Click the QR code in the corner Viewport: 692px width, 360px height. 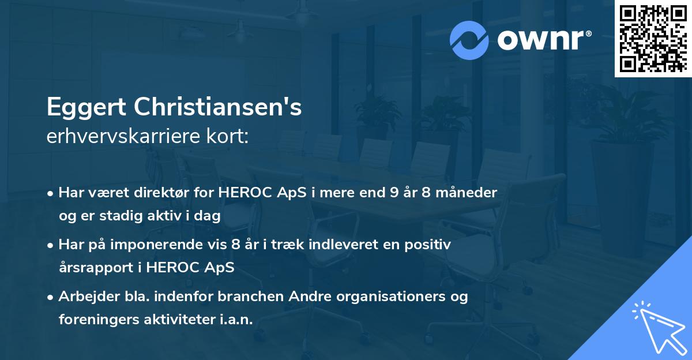653,39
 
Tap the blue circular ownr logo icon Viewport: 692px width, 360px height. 469,40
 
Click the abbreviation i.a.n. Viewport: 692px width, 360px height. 236,320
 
